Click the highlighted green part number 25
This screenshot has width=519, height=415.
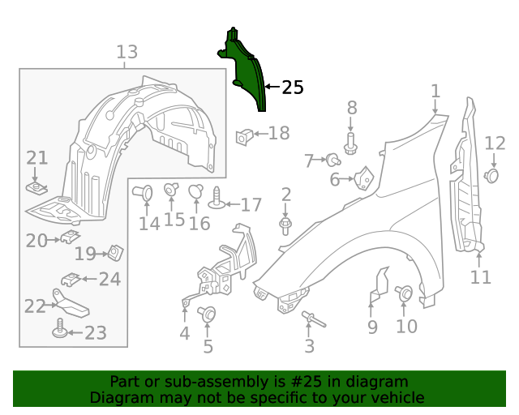click(x=246, y=71)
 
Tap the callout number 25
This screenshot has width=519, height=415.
click(x=292, y=88)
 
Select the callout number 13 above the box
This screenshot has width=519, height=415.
click(x=127, y=53)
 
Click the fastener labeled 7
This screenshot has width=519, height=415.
click(x=333, y=159)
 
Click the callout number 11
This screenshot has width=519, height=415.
click(x=480, y=277)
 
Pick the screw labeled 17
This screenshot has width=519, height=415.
click(x=217, y=197)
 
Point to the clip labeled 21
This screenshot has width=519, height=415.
click(x=35, y=188)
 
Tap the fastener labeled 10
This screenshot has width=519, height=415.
click(x=403, y=293)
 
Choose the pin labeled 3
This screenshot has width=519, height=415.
click(x=311, y=319)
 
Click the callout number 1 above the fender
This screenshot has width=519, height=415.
click(x=435, y=91)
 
